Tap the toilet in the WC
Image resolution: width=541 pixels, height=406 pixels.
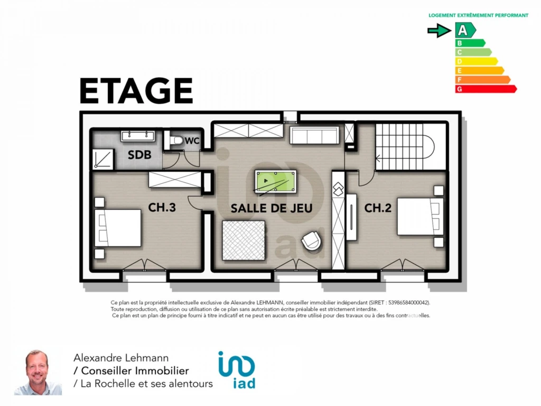[x=176, y=140]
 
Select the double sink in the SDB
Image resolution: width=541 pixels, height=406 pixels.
[x=137, y=136]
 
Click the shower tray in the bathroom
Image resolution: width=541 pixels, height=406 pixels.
[x=103, y=159]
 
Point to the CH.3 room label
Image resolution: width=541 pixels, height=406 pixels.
[x=162, y=207]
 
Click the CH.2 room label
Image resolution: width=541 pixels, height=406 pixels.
[x=378, y=208]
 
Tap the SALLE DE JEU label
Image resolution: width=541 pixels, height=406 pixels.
[x=272, y=208]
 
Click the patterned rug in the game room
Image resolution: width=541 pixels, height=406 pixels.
[x=244, y=241]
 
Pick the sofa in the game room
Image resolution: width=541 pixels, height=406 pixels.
[x=314, y=135]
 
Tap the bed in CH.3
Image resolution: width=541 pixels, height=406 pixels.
[x=118, y=228]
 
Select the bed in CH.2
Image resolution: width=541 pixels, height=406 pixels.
[x=420, y=216]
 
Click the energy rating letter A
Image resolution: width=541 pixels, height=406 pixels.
[x=462, y=30]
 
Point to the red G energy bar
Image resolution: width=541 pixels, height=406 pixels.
[x=486, y=89]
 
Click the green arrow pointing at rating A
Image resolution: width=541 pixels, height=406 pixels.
[x=439, y=30]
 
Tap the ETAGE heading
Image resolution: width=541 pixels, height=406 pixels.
[x=136, y=91]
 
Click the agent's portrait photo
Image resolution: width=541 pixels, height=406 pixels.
[x=38, y=373]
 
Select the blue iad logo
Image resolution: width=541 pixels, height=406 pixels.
[x=237, y=370]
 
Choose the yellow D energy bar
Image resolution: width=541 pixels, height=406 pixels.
[x=476, y=61]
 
